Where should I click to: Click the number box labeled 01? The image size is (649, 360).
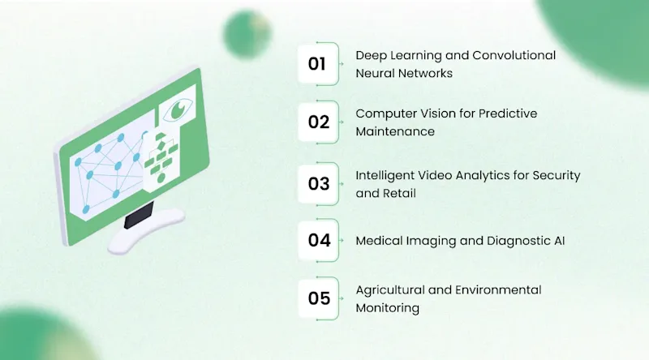click(x=318, y=64)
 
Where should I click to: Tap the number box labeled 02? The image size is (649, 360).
click(x=318, y=122)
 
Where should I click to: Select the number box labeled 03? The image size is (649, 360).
click(x=318, y=184)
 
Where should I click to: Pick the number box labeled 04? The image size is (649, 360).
click(x=318, y=241)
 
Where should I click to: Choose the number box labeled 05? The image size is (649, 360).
click(x=318, y=298)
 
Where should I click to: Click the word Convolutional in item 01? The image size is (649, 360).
click(x=514, y=55)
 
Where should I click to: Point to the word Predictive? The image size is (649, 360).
click(x=508, y=114)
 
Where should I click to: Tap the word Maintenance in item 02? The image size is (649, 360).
click(x=395, y=131)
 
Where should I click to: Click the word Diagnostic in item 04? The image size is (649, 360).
click(x=518, y=241)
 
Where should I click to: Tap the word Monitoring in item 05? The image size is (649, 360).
click(x=388, y=308)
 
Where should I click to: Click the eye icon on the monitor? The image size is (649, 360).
click(x=178, y=109)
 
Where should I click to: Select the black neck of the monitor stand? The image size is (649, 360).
click(x=139, y=215)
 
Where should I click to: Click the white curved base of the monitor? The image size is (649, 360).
click(x=146, y=231)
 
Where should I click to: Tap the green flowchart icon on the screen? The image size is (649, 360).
click(x=161, y=158)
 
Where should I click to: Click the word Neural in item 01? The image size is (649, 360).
click(x=373, y=73)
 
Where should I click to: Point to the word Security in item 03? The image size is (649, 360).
click(x=557, y=176)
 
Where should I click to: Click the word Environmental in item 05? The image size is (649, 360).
click(x=498, y=290)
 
